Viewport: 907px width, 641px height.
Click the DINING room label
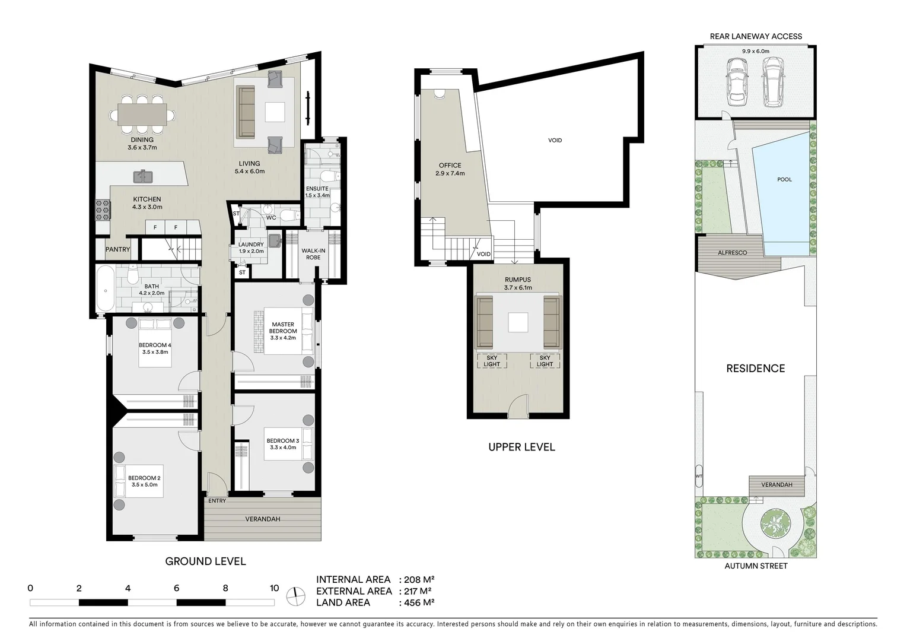pyautogui.click(x=142, y=140)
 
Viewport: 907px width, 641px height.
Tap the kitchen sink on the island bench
pyautogui.click(x=144, y=176)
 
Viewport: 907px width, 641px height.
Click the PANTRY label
pyautogui.click(x=117, y=249)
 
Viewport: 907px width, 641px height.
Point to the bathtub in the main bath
pyautogui.click(x=106, y=289)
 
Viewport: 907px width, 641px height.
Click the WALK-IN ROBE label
pyautogui.click(x=313, y=254)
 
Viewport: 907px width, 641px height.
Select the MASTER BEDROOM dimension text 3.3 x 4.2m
pyautogui.click(x=282, y=338)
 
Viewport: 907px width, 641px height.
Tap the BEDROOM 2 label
pyautogui.click(x=144, y=478)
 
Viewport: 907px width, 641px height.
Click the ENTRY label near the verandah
pyautogui.click(x=217, y=501)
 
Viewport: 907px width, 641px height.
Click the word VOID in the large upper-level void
pyautogui.click(x=555, y=141)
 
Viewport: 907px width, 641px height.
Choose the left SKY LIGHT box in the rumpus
pyautogui.click(x=492, y=361)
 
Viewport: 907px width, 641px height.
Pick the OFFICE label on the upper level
pyautogui.click(x=450, y=166)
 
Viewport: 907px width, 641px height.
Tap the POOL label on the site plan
pyautogui.click(x=784, y=179)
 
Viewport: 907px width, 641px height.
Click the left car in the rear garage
pyautogui.click(x=736, y=85)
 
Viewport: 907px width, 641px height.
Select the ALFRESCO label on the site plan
pyautogui.click(x=732, y=253)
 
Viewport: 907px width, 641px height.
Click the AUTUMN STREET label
pyautogui.click(x=756, y=566)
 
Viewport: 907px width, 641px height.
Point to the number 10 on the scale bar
pyautogui.click(x=274, y=589)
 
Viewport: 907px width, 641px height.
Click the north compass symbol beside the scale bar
pyautogui.click(x=295, y=596)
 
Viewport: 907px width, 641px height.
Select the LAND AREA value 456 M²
pyautogui.click(x=419, y=602)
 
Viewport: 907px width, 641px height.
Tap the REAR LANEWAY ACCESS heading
pyautogui.click(x=756, y=36)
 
